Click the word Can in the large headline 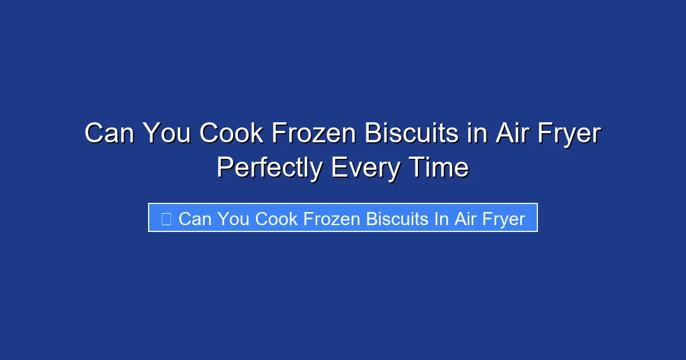point(109,134)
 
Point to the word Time point(438,168)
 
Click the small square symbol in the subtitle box point(166,218)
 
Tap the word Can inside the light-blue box point(194,219)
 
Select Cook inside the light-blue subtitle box point(276,219)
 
